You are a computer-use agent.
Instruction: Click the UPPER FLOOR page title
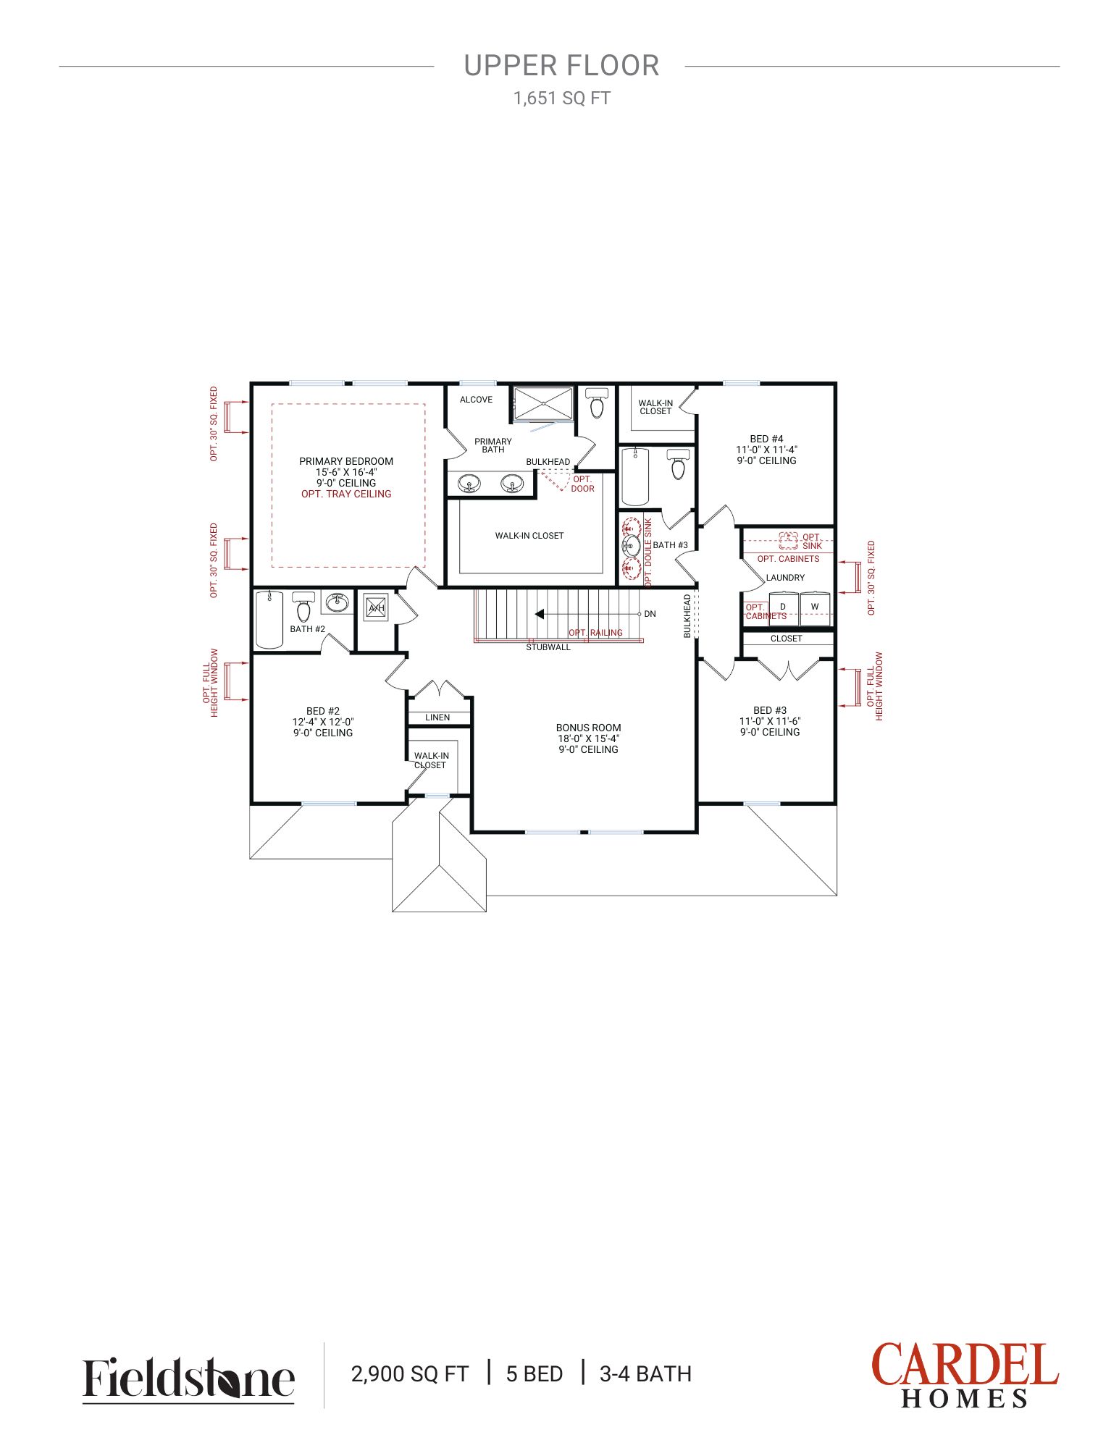pos(561,66)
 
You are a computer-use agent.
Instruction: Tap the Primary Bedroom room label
pos(346,461)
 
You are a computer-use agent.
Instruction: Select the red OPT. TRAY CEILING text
pos(346,494)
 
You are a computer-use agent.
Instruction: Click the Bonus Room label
pos(588,728)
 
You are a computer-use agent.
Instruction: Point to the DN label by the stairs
pos(650,614)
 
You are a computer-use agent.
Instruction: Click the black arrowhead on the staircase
pos(539,614)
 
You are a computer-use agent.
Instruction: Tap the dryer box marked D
pos(784,608)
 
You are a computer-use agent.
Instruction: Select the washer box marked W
pos(815,608)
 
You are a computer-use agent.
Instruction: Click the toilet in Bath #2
pos(303,606)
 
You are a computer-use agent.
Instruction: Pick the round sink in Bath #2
pos(336,602)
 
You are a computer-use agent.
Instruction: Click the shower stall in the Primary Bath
pos(543,403)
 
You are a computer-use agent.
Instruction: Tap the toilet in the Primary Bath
pos(596,403)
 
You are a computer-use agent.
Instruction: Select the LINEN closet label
pos(437,717)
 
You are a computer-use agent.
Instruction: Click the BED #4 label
pos(766,439)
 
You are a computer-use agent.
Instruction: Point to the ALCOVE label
pos(476,400)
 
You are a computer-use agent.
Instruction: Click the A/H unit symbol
pos(376,607)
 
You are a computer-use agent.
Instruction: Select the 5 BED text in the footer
pos(535,1373)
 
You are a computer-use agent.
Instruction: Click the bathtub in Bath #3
pos(635,476)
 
